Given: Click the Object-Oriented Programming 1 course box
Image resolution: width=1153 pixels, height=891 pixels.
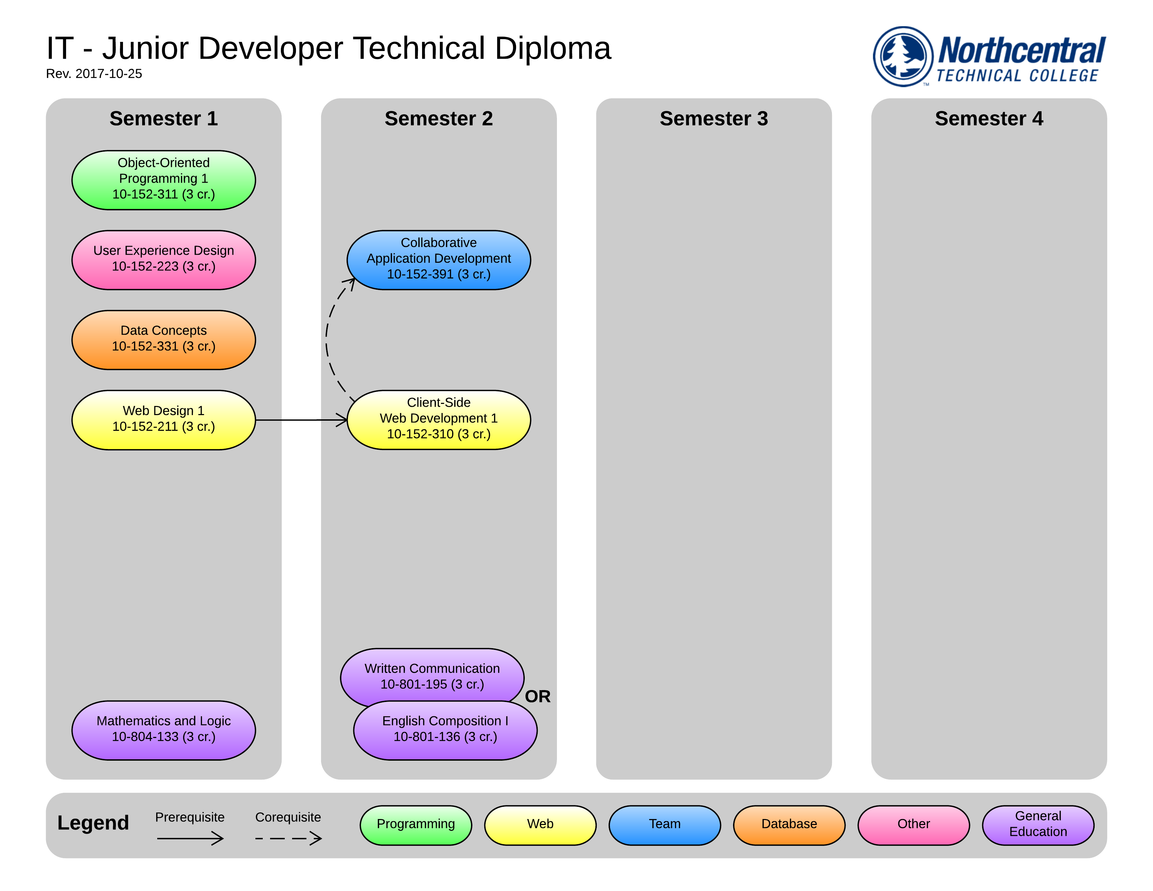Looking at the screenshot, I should coord(163,180).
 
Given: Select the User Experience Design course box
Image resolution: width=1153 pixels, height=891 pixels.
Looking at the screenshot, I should coord(163,260).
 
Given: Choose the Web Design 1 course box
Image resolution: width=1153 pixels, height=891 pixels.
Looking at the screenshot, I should coord(163,420).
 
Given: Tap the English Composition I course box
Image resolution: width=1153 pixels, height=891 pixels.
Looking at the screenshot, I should coord(445,731).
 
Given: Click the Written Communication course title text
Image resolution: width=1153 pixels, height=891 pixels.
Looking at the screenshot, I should coord(432,668).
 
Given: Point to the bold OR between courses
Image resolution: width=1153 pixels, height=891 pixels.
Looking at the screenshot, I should coord(537,696).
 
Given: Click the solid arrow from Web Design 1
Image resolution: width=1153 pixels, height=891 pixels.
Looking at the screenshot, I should coord(301,420).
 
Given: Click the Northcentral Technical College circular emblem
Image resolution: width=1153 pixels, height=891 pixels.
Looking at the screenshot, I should coord(903,57).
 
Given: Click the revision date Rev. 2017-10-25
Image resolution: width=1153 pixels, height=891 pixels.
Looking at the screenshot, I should coord(94,74).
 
